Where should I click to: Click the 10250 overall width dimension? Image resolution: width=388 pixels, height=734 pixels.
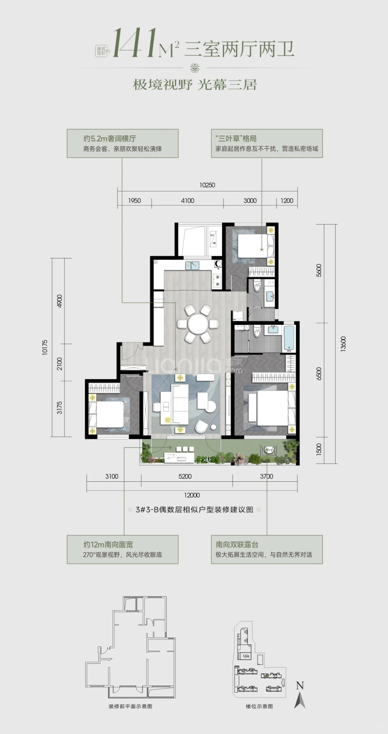(x=207, y=185)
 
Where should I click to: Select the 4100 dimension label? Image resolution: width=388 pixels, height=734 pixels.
(x=188, y=200)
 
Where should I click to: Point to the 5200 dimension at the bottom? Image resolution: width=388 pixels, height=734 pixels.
(x=185, y=476)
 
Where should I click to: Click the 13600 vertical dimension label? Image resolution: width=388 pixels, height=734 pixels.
(x=343, y=344)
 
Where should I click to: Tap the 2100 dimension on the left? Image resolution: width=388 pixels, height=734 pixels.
(x=59, y=364)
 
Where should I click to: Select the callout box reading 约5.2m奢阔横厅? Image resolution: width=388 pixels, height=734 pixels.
(x=123, y=143)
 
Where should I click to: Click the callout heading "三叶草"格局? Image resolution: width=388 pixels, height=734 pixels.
(x=236, y=138)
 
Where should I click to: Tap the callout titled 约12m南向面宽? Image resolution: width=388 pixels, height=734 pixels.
(x=123, y=549)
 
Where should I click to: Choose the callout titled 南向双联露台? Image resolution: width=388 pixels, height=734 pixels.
(x=267, y=549)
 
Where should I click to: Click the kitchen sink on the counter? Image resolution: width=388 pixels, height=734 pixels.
(x=193, y=265)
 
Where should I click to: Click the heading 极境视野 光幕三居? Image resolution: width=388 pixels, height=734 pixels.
(x=195, y=85)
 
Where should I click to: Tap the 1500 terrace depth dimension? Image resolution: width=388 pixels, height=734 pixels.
(x=319, y=449)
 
